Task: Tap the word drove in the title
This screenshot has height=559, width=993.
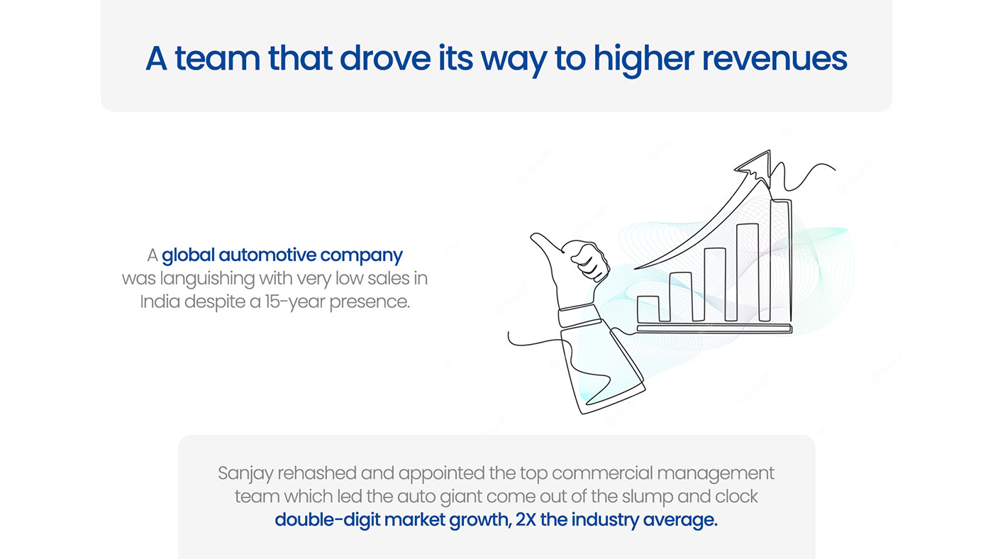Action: [384, 58]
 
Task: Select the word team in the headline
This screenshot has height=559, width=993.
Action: [217, 58]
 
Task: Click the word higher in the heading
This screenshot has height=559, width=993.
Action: [644, 60]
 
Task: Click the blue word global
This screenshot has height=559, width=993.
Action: [188, 256]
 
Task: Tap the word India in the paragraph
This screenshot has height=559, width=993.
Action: [160, 301]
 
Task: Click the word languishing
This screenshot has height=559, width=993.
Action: [207, 279]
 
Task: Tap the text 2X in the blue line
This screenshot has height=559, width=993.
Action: [526, 519]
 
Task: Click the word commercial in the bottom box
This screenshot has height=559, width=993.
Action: [602, 473]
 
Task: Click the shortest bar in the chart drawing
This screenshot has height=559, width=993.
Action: [648, 309]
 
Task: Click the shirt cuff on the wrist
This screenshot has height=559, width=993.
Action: [579, 315]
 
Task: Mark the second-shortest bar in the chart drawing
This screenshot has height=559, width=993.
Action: [680, 297]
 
